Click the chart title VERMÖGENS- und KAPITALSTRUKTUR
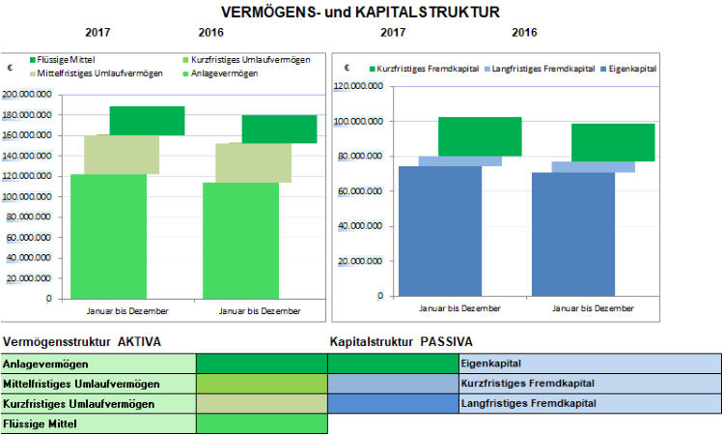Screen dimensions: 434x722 click(360, 13)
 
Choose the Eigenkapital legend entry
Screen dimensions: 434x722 click(627, 69)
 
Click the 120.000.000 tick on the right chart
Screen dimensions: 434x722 click(363, 86)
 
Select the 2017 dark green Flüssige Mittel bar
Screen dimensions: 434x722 click(147, 120)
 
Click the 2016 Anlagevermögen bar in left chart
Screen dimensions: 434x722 click(240, 240)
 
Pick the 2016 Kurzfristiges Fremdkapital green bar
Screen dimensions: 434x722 click(613, 142)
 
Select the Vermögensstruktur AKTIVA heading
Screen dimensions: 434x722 click(81, 341)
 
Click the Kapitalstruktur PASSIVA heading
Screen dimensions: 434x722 click(400, 341)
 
